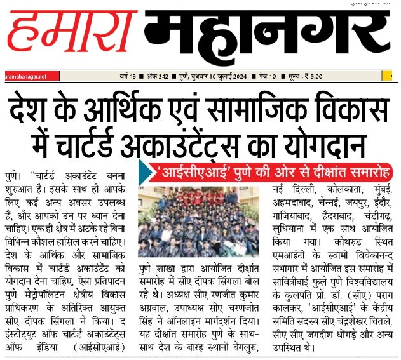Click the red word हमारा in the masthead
tap(70, 37)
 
